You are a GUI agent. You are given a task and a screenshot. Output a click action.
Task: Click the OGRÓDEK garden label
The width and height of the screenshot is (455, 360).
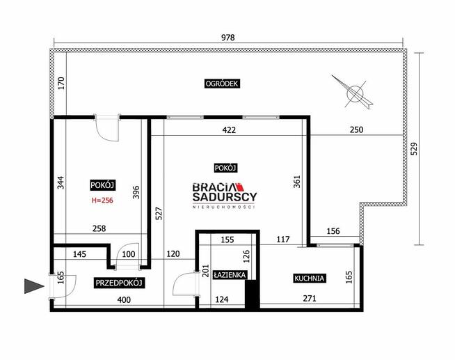click(222, 84)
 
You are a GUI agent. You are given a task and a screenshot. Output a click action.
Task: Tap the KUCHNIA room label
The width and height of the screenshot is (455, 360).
click(309, 278)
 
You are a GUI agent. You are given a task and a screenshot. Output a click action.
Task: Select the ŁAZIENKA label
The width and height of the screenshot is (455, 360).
click(230, 274)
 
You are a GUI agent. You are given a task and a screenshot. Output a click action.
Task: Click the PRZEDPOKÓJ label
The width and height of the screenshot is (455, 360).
click(119, 283)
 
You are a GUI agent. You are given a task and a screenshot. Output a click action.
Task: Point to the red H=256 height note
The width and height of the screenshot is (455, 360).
click(102, 201)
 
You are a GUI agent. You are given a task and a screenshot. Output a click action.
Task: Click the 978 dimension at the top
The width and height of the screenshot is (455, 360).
click(227, 38)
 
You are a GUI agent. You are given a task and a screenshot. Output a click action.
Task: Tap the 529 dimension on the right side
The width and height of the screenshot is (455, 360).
click(415, 148)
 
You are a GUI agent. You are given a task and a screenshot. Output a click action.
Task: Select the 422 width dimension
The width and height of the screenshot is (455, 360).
click(229, 130)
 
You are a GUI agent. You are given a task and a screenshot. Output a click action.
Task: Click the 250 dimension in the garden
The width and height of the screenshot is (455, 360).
click(356, 130)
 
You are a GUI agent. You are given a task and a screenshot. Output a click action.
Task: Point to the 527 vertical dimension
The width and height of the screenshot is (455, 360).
click(159, 213)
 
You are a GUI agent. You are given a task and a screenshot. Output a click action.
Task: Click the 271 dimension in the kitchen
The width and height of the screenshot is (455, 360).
click(310, 298)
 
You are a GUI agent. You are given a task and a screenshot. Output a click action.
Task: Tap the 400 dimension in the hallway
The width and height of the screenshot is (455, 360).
click(124, 299)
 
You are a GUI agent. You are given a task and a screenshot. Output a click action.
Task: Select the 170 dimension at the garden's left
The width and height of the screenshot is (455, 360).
click(61, 83)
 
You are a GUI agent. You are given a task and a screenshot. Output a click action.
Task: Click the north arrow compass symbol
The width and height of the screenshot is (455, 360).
click(353, 93)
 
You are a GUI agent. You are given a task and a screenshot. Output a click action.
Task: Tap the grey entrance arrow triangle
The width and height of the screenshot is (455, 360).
click(34, 286)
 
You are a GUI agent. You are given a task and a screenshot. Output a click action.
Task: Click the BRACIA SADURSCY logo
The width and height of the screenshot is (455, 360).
click(225, 195)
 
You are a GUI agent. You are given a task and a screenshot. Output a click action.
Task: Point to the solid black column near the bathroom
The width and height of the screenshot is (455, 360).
click(252, 294)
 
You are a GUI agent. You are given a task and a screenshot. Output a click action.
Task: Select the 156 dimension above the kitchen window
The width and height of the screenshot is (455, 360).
click(333, 231)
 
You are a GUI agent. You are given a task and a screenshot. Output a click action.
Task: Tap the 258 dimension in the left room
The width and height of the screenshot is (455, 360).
click(99, 228)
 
